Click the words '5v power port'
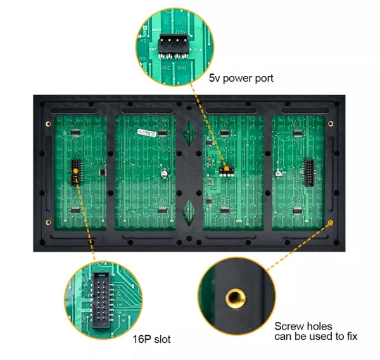(241, 79)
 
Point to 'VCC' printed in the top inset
(165, 66)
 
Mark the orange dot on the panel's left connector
(75, 170)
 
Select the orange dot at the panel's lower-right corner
(330, 223)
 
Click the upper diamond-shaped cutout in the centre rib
(187, 134)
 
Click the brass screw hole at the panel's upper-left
(47, 122)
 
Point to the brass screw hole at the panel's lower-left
(47, 222)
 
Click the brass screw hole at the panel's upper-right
(330, 122)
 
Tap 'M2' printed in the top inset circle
(144, 41)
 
